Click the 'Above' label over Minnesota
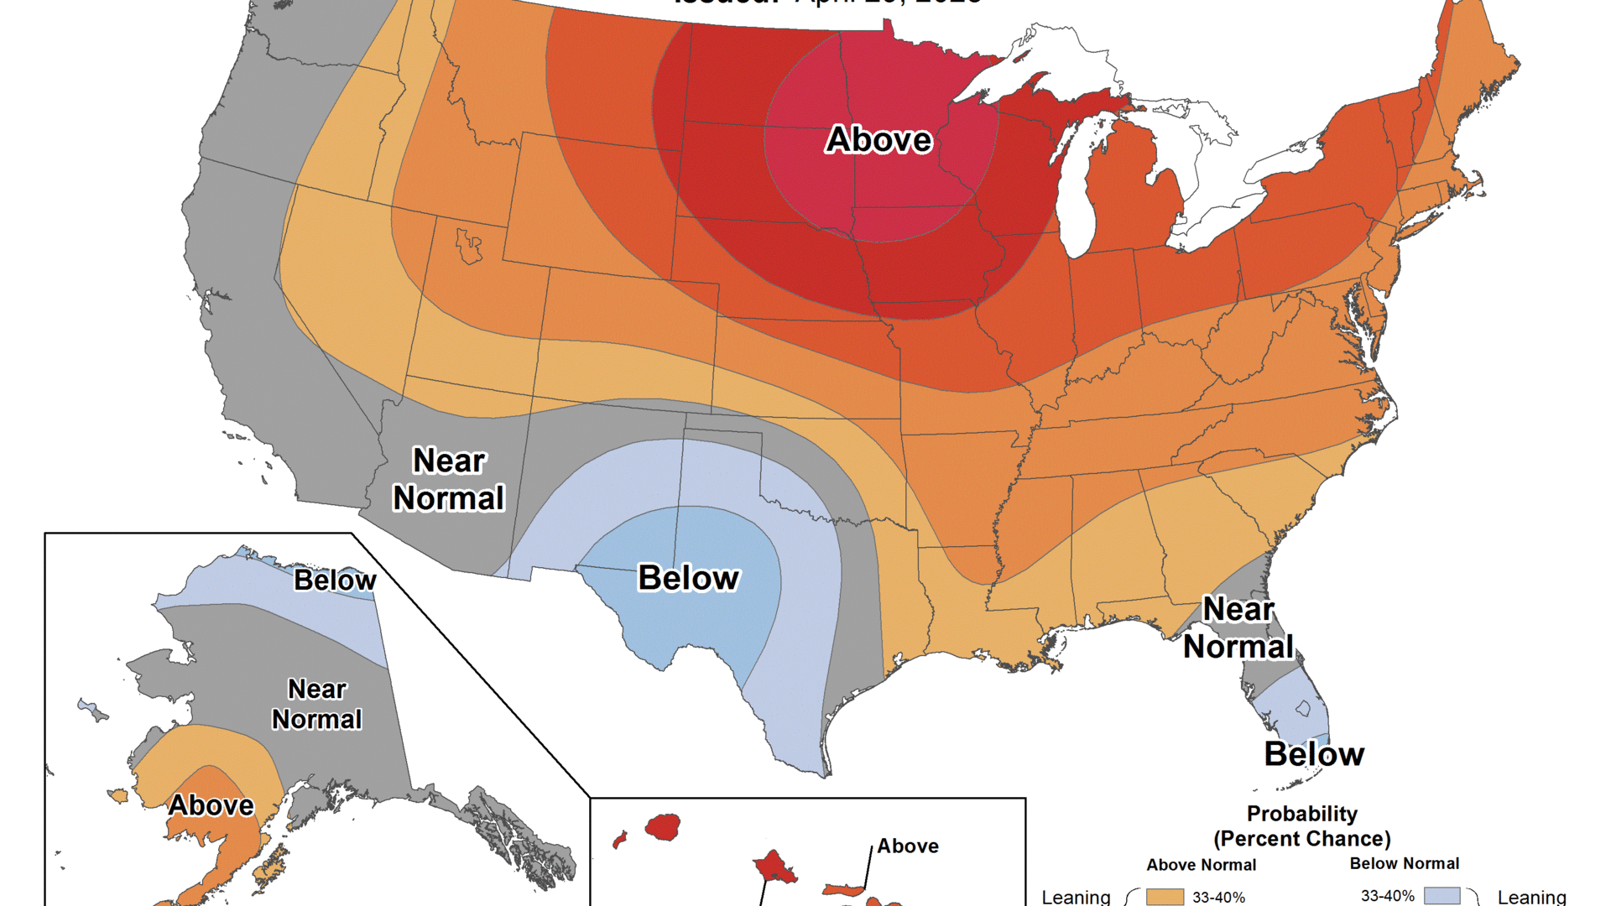point(878,139)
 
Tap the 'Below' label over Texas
point(688,578)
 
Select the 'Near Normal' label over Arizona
point(449,480)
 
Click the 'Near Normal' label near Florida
point(1238,628)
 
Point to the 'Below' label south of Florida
point(1314,754)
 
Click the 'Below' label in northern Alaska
point(335,581)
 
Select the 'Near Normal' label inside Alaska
point(317,705)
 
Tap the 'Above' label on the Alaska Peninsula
point(211,805)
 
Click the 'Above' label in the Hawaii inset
point(908,846)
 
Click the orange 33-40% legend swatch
point(1165,897)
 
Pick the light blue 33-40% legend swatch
point(1442,896)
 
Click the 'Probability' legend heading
point(1301,814)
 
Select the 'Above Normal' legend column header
point(1202,865)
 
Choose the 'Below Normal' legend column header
point(1404,863)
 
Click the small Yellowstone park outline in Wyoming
point(468,246)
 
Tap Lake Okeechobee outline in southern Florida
point(1303,709)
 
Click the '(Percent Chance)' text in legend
point(1301,839)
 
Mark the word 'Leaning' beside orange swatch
point(1076,897)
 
